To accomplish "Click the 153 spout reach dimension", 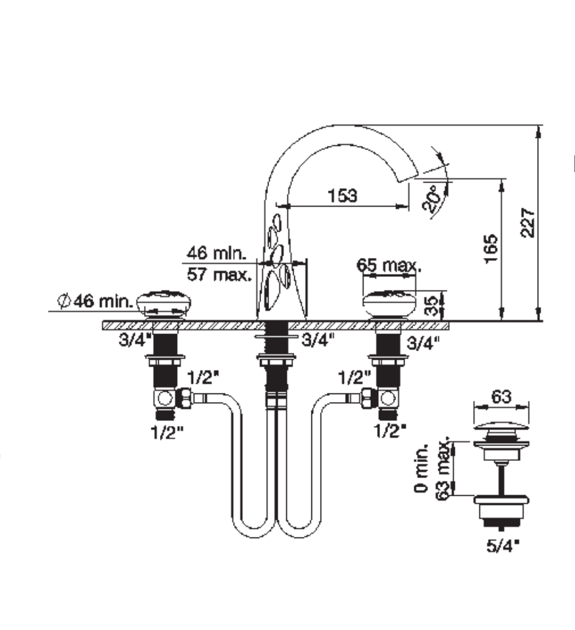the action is pos(342,195).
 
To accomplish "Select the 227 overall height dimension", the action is pos(528,222).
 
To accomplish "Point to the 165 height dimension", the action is pos(490,249).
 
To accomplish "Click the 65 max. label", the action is pos(389,265).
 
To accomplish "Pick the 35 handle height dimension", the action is pos(430,306).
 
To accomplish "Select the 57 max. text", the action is pos(219,275).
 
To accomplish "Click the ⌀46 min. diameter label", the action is pos(95,300).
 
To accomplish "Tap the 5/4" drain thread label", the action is pos(503,545).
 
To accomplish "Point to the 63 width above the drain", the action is pos(501,397).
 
